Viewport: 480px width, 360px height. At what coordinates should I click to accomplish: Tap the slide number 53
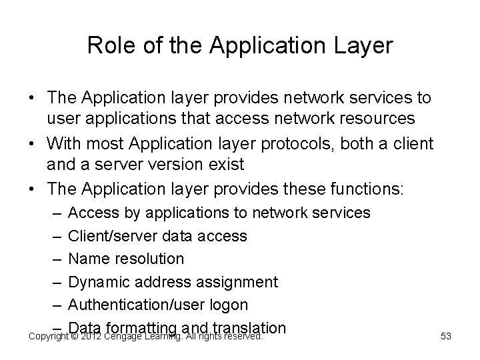(x=446, y=337)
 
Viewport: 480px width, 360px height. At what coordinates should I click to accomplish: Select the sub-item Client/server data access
(x=157, y=236)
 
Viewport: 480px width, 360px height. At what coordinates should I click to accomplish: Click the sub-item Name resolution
(x=126, y=259)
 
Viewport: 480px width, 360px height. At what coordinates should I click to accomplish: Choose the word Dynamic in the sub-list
(x=98, y=282)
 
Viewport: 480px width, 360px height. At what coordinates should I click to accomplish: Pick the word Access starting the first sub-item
(x=90, y=213)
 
